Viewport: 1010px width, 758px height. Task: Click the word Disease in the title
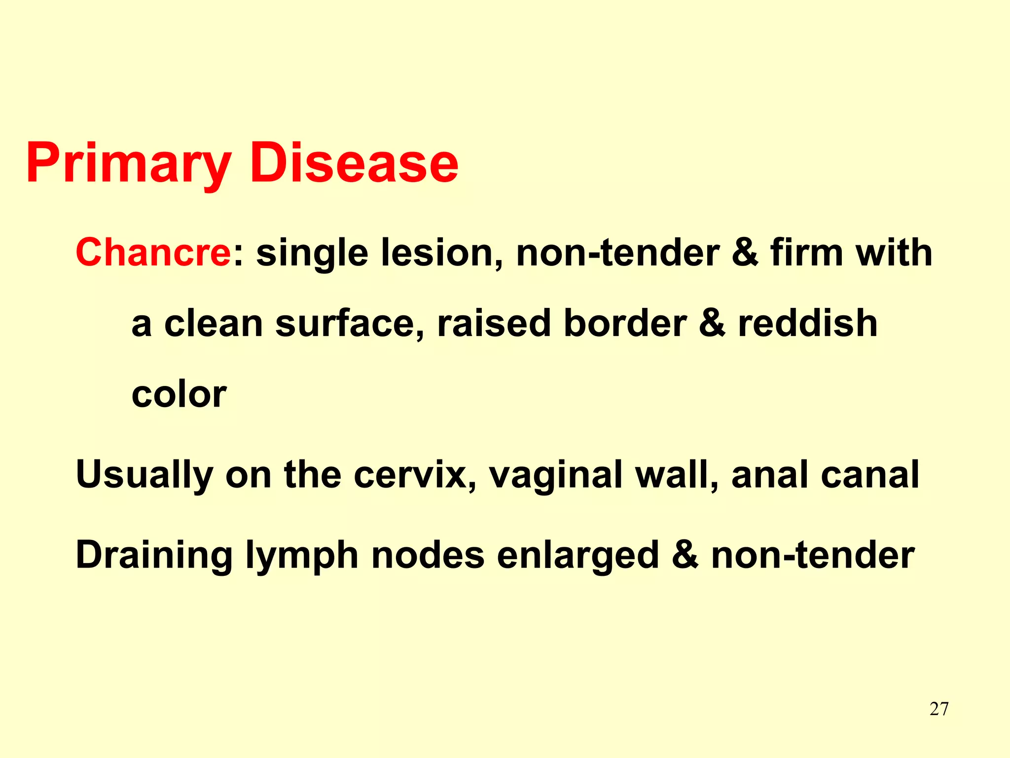(x=354, y=163)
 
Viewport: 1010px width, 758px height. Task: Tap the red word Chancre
(x=153, y=252)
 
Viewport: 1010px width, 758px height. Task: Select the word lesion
(x=442, y=252)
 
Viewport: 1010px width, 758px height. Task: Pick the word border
(x=624, y=323)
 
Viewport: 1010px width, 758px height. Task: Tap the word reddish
(x=807, y=323)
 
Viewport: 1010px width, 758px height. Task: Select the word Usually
(x=144, y=475)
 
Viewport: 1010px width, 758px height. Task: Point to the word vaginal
(x=555, y=475)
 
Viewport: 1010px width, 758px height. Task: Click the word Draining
(x=154, y=555)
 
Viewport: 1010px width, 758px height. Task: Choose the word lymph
(x=302, y=555)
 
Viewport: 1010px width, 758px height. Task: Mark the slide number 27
(x=938, y=709)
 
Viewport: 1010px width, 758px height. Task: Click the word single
(x=312, y=252)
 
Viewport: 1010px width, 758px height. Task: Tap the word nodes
(x=428, y=555)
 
